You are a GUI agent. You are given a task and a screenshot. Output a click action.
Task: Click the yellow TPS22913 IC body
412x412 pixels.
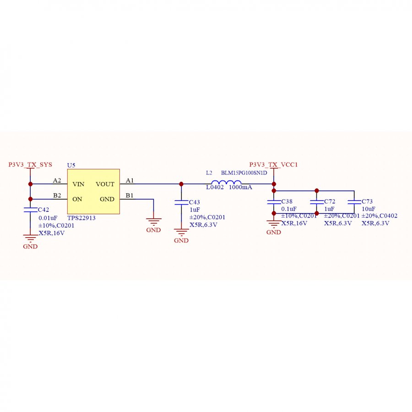93,191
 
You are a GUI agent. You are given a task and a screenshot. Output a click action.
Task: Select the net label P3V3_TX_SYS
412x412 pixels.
30,164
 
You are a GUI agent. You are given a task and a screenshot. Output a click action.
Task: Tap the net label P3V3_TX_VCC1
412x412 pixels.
273,164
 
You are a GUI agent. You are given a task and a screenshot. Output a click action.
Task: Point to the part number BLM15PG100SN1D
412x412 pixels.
244,173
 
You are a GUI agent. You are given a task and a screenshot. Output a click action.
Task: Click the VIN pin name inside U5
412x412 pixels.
78,184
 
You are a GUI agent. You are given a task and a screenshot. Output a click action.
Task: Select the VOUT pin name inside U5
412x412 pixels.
105,184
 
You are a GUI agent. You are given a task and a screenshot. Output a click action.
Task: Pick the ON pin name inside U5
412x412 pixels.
77,199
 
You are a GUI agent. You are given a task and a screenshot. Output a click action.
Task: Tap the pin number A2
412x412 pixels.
57,180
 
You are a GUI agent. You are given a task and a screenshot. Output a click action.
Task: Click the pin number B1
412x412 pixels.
130,195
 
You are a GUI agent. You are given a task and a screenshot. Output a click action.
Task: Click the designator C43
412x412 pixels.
195,202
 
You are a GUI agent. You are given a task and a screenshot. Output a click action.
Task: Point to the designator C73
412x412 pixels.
367,201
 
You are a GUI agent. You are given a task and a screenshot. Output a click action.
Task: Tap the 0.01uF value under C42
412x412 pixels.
48,218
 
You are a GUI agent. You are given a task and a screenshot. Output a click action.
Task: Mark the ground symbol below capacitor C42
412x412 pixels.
30,239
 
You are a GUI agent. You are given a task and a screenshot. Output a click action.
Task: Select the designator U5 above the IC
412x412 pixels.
71,165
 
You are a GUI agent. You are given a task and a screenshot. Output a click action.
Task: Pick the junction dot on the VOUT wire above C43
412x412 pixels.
181,184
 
